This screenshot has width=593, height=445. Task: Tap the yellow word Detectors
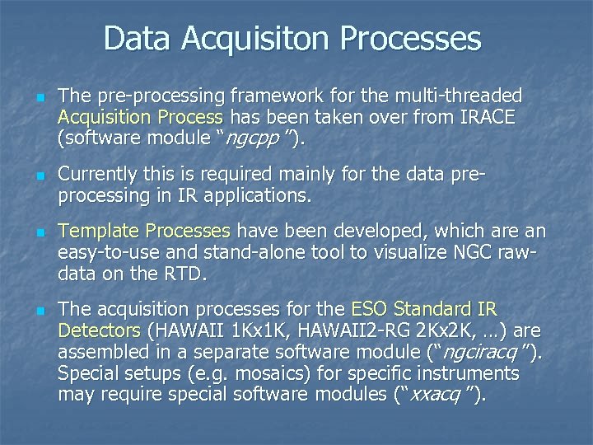tap(100, 331)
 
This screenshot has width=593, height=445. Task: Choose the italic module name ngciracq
tap(486, 353)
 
